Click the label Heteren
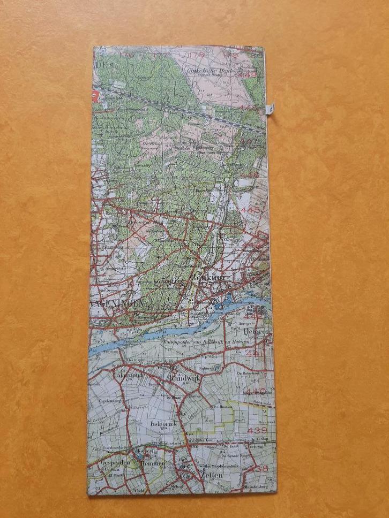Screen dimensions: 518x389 [x=256, y=332]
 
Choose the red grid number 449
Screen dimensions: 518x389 [x=249, y=75]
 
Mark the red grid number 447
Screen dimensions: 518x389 [x=250, y=142]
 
